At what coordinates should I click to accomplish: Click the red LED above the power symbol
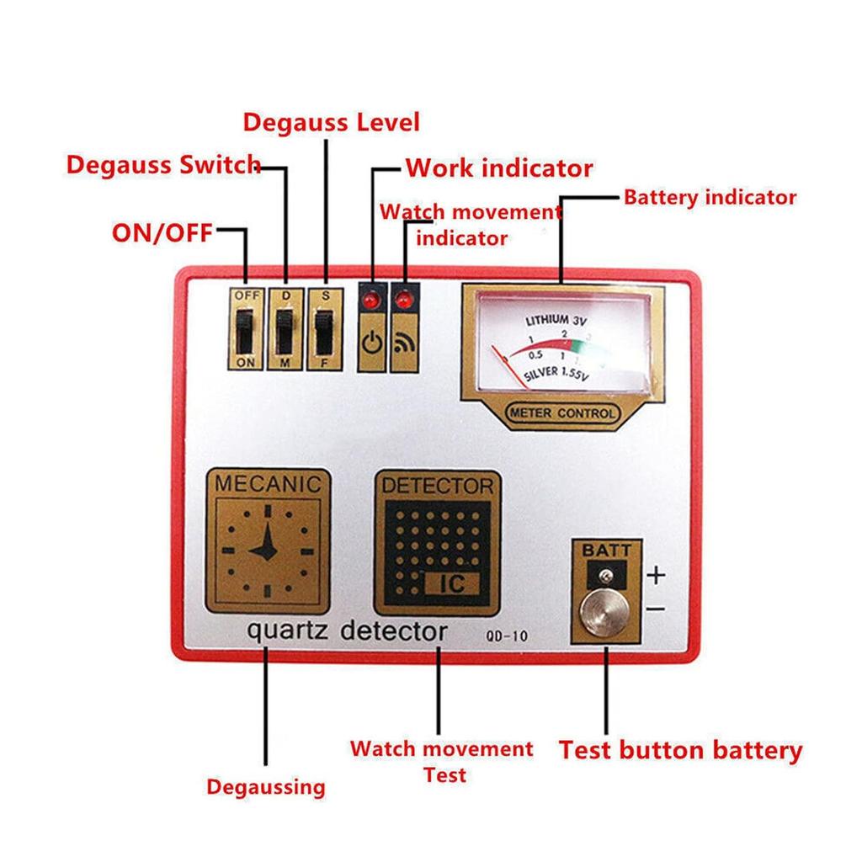[x=370, y=299]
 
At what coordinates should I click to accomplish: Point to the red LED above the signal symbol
[x=405, y=299]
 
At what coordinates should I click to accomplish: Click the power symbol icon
[x=370, y=343]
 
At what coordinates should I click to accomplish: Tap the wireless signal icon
[x=405, y=343]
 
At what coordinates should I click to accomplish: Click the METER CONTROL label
[x=561, y=413]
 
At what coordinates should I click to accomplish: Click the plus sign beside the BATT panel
[x=657, y=576]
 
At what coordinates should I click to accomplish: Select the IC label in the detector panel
[x=453, y=583]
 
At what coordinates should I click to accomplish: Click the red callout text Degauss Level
[x=331, y=122]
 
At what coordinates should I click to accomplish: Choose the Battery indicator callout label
[x=710, y=198]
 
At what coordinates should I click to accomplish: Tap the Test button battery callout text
[x=680, y=750]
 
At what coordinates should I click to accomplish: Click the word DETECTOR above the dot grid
[x=437, y=486]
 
